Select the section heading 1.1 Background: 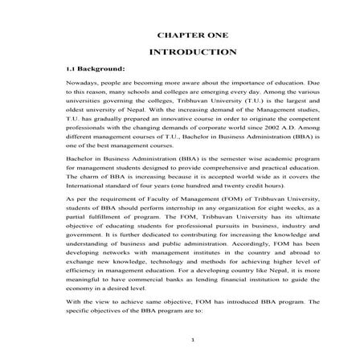(96, 69)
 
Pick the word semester (213, 161)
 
